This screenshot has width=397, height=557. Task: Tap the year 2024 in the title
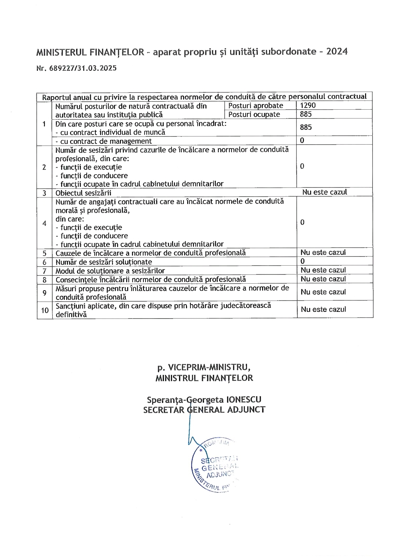pyautogui.click(x=337, y=51)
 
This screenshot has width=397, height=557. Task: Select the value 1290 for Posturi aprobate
pyautogui.click(x=308, y=105)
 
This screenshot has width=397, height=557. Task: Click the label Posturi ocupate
pyautogui.click(x=254, y=114)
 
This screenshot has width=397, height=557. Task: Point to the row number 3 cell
pyautogui.click(x=44, y=193)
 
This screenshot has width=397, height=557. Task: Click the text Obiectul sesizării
pyautogui.click(x=83, y=193)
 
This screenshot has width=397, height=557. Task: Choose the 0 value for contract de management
pyautogui.click(x=302, y=141)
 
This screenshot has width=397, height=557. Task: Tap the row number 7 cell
pyautogui.click(x=44, y=271)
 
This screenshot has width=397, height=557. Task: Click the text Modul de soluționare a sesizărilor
pyautogui.click(x=110, y=271)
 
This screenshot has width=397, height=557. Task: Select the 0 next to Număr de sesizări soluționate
pyautogui.click(x=303, y=261)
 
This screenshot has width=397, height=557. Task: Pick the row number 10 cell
pyautogui.click(x=44, y=310)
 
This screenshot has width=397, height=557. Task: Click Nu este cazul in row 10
pyautogui.click(x=323, y=309)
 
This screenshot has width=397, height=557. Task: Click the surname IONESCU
pyautogui.click(x=244, y=400)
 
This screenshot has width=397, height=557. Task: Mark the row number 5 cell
pyautogui.click(x=44, y=253)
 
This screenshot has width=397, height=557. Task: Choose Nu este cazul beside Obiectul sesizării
pyautogui.click(x=325, y=192)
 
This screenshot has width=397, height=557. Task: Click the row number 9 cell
pyautogui.click(x=44, y=292)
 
